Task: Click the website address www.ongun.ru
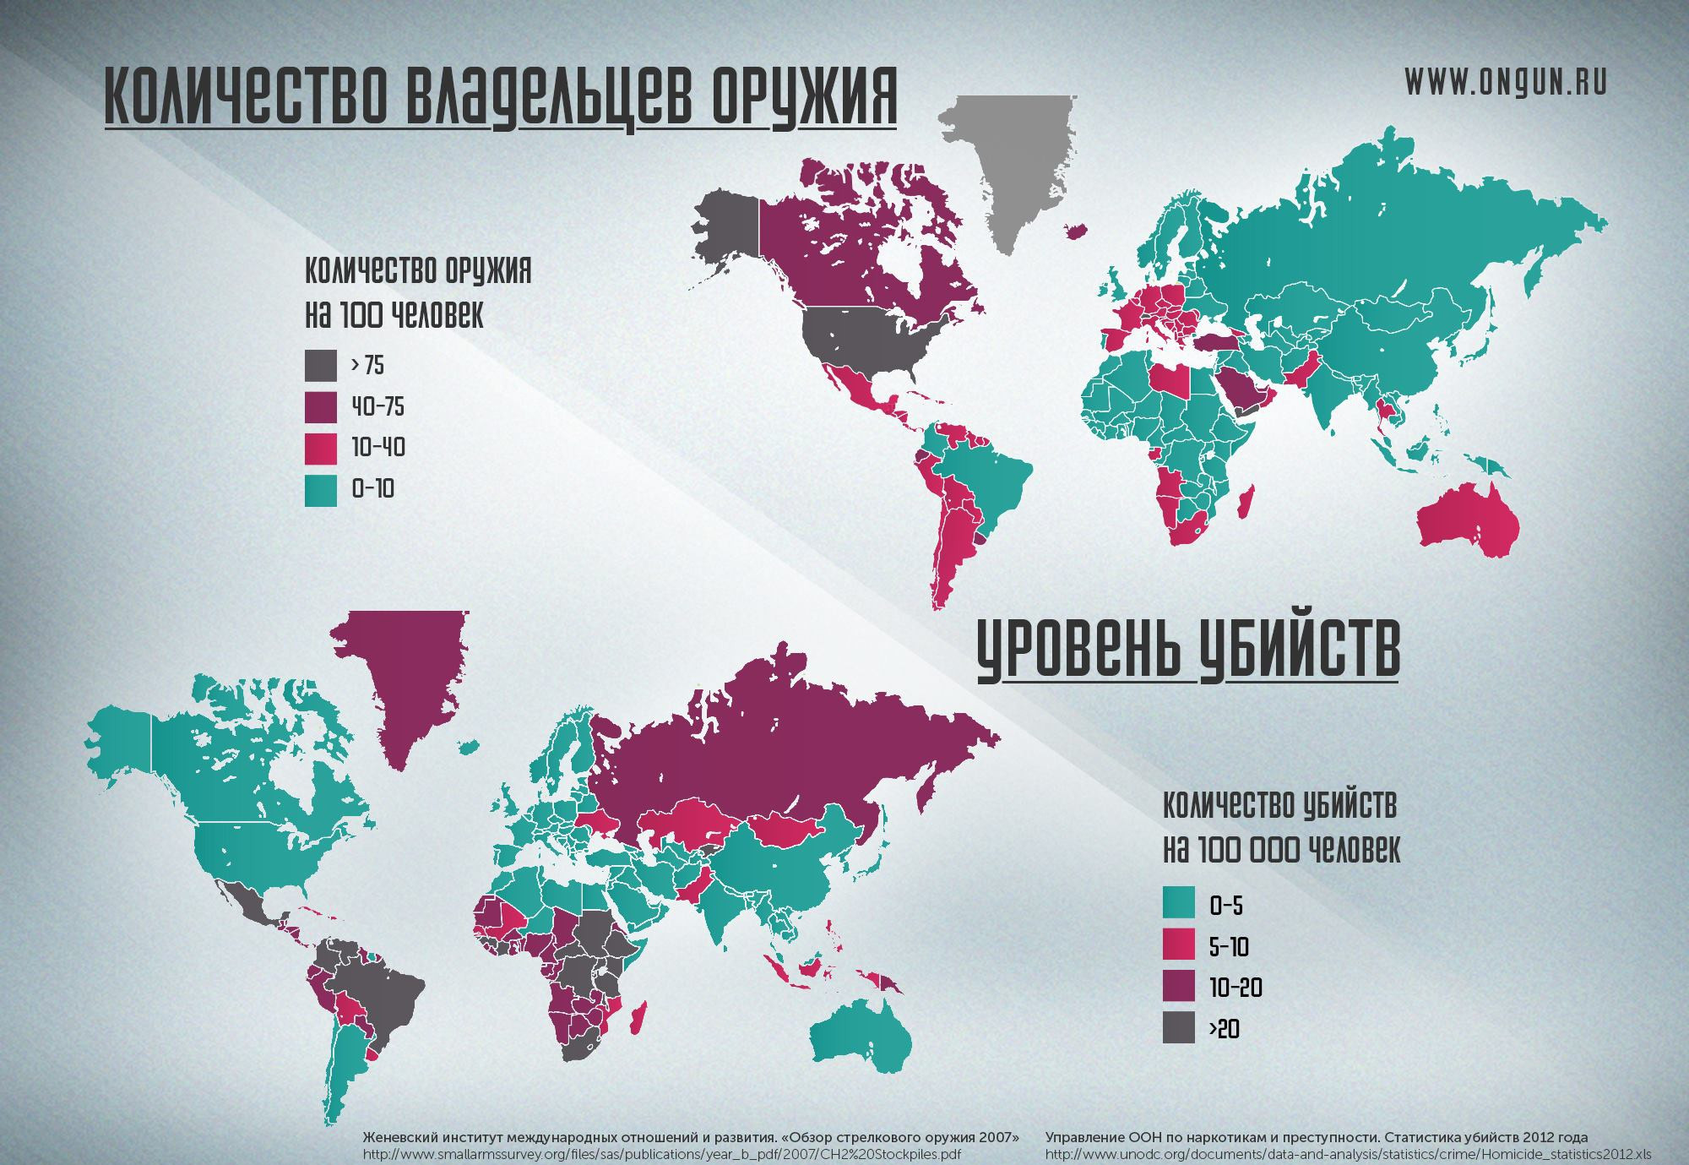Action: pos(1505,82)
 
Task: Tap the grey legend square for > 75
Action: pos(320,366)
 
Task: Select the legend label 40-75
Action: pos(377,407)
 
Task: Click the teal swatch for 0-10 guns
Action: pos(320,490)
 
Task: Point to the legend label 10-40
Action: pos(377,448)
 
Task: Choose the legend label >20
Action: pos(1224,1029)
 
